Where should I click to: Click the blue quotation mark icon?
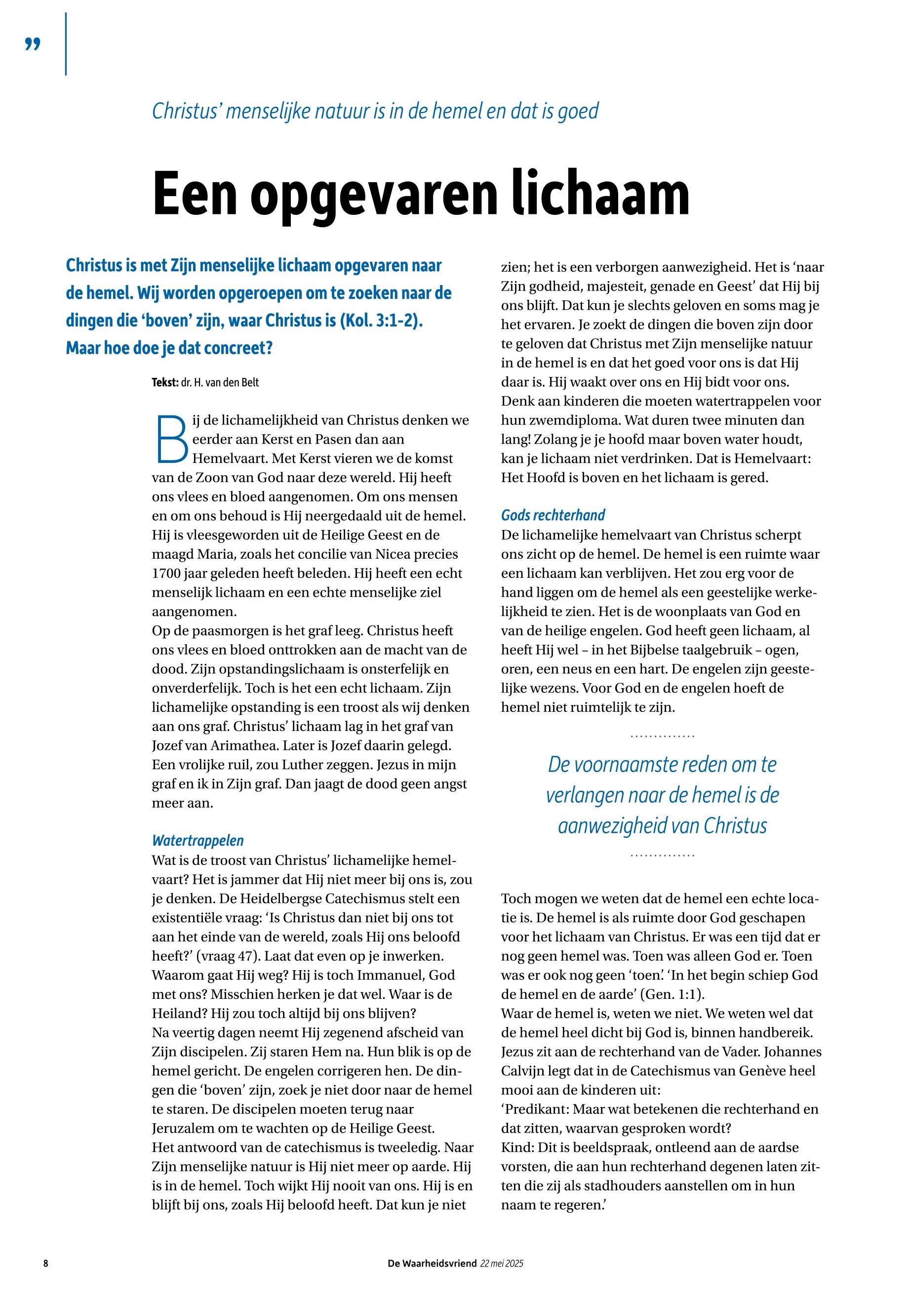click(33, 44)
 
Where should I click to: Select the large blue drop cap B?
click(171, 439)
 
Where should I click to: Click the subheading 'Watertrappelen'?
click(198, 841)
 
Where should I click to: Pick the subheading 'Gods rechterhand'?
click(553, 515)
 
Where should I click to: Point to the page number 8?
click(45, 1263)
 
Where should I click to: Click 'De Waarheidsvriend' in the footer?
click(432, 1263)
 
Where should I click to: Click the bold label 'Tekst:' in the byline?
click(165, 383)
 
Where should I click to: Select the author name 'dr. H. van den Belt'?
click(220, 383)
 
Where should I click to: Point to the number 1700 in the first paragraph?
click(166, 574)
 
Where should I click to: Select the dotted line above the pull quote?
click(662, 736)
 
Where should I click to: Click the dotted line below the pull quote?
click(662, 856)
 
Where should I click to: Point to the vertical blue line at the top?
click(66, 44)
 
